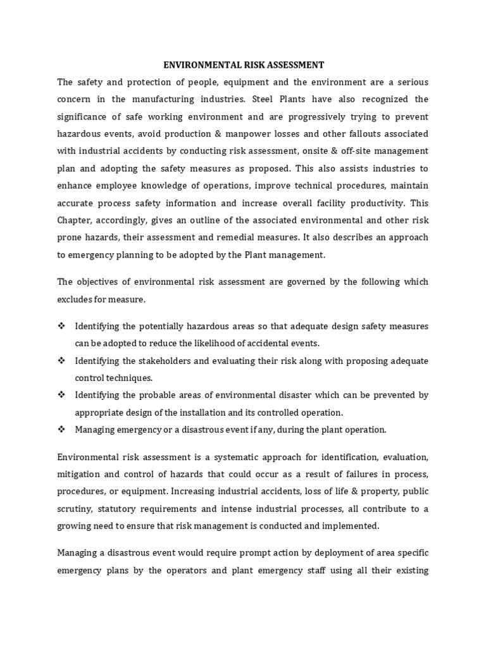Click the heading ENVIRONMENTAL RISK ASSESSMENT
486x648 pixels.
[x=244, y=65]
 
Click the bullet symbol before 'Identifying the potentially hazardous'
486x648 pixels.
[x=61, y=327]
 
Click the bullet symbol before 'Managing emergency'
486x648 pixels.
[x=61, y=430]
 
